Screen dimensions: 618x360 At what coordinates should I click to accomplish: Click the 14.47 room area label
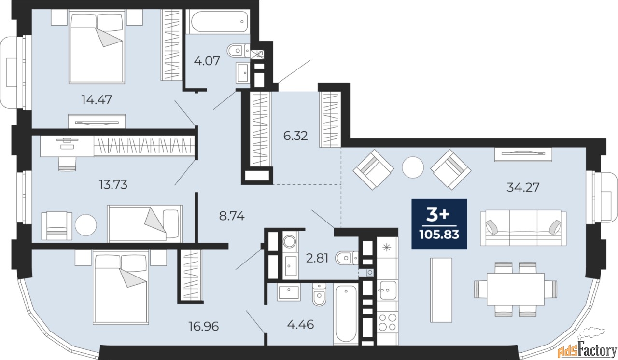point(97,99)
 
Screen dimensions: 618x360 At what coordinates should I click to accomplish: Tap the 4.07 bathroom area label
point(207,61)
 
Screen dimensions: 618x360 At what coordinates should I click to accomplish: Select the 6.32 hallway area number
point(295,136)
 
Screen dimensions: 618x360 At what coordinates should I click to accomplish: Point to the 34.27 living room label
point(523,187)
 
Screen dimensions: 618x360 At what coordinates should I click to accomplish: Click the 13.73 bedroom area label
point(113,184)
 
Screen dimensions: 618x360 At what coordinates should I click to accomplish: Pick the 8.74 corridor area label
point(232,216)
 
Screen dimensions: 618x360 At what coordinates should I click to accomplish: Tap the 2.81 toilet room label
point(317,258)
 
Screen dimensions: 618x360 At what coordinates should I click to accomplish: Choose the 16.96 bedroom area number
point(204,326)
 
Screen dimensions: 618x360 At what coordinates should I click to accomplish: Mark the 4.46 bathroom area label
point(300,325)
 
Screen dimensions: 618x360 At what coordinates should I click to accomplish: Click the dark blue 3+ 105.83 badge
point(439,224)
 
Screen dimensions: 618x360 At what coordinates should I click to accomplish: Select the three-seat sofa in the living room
point(523,228)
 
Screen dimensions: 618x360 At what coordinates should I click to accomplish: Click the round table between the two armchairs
point(412,167)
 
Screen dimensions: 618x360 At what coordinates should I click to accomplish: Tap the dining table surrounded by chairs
point(515,289)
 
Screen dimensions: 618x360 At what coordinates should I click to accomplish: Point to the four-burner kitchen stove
point(387,322)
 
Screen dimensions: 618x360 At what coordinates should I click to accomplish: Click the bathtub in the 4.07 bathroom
point(218,21)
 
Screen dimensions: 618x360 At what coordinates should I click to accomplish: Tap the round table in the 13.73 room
point(86,225)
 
